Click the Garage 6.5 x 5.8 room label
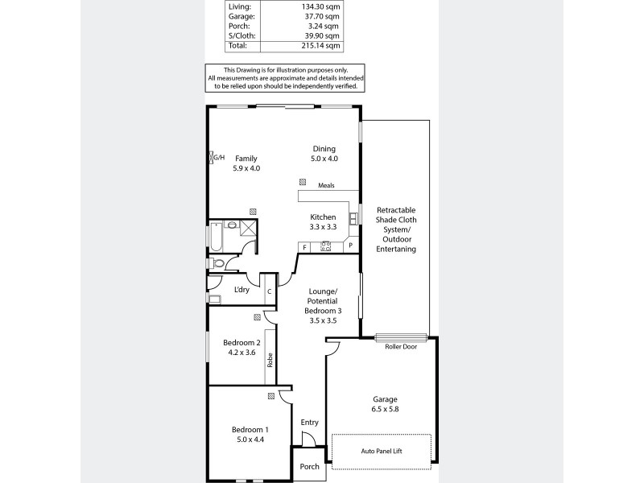(x=385, y=404)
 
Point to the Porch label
(x=310, y=467)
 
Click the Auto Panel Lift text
(x=381, y=452)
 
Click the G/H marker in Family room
(x=218, y=157)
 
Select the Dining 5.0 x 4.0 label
(x=324, y=153)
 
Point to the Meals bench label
(x=325, y=185)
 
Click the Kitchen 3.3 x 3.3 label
(x=324, y=222)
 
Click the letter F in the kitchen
(x=304, y=246)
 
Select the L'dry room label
(x=241, y=290)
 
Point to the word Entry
(x=310, y=423)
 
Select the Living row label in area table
(x=240, y=5)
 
